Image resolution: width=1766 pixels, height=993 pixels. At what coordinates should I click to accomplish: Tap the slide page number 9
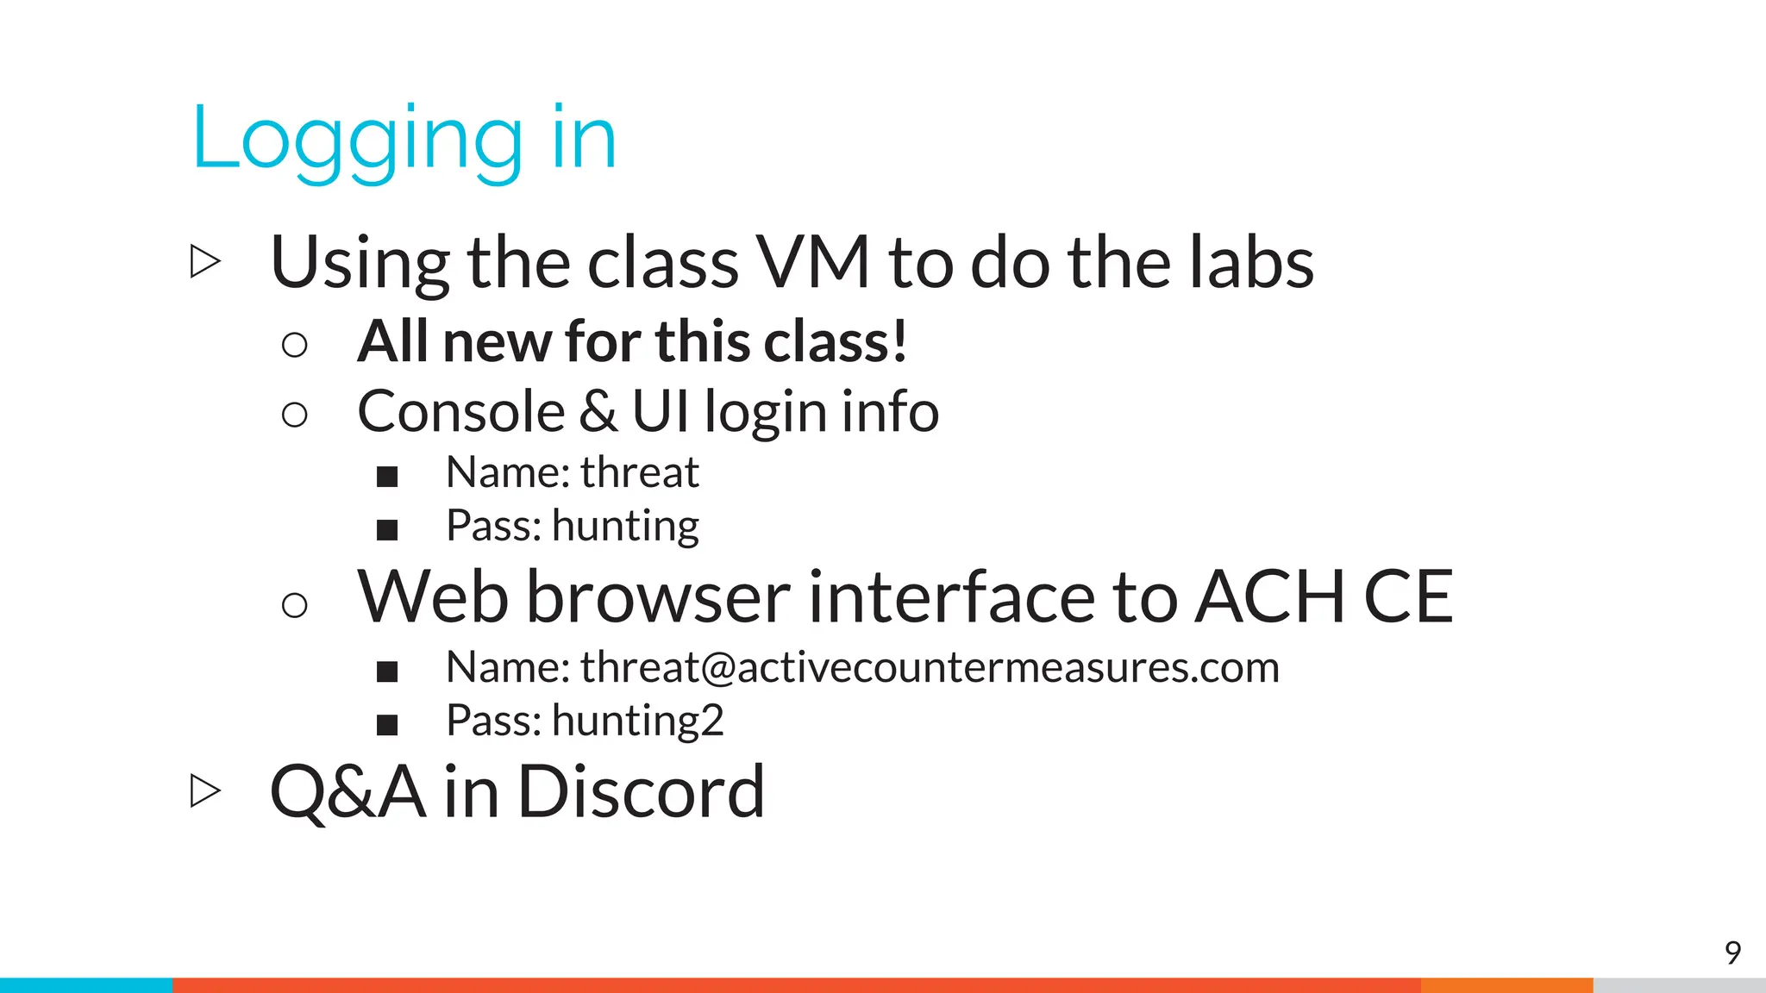click(1732, 952)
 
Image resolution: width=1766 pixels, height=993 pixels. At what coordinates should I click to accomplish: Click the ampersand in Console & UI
click(598, 411)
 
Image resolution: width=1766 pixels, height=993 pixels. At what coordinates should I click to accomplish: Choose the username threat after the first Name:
click(639, 472)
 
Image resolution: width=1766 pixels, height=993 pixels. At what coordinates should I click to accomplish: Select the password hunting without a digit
click(625, 526)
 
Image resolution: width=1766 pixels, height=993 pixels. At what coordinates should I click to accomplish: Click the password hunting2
click(637, 721)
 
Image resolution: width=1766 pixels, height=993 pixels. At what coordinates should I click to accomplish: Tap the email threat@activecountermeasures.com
click(930, 667)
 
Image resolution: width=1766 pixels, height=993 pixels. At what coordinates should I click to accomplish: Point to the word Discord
click(641, 791)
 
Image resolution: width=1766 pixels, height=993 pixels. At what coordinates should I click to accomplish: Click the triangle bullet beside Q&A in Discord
click(204, 790)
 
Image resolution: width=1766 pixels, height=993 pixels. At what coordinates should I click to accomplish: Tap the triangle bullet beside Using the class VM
click(204, 261)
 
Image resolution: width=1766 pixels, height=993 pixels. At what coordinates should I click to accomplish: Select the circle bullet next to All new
click(294, 345)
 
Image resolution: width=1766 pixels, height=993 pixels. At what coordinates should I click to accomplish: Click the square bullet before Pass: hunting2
click(387, 724)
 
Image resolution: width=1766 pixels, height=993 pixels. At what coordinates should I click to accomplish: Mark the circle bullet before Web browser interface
click(294, 604)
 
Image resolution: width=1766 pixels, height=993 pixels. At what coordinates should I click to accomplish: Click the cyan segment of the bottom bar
click(86, 985)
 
